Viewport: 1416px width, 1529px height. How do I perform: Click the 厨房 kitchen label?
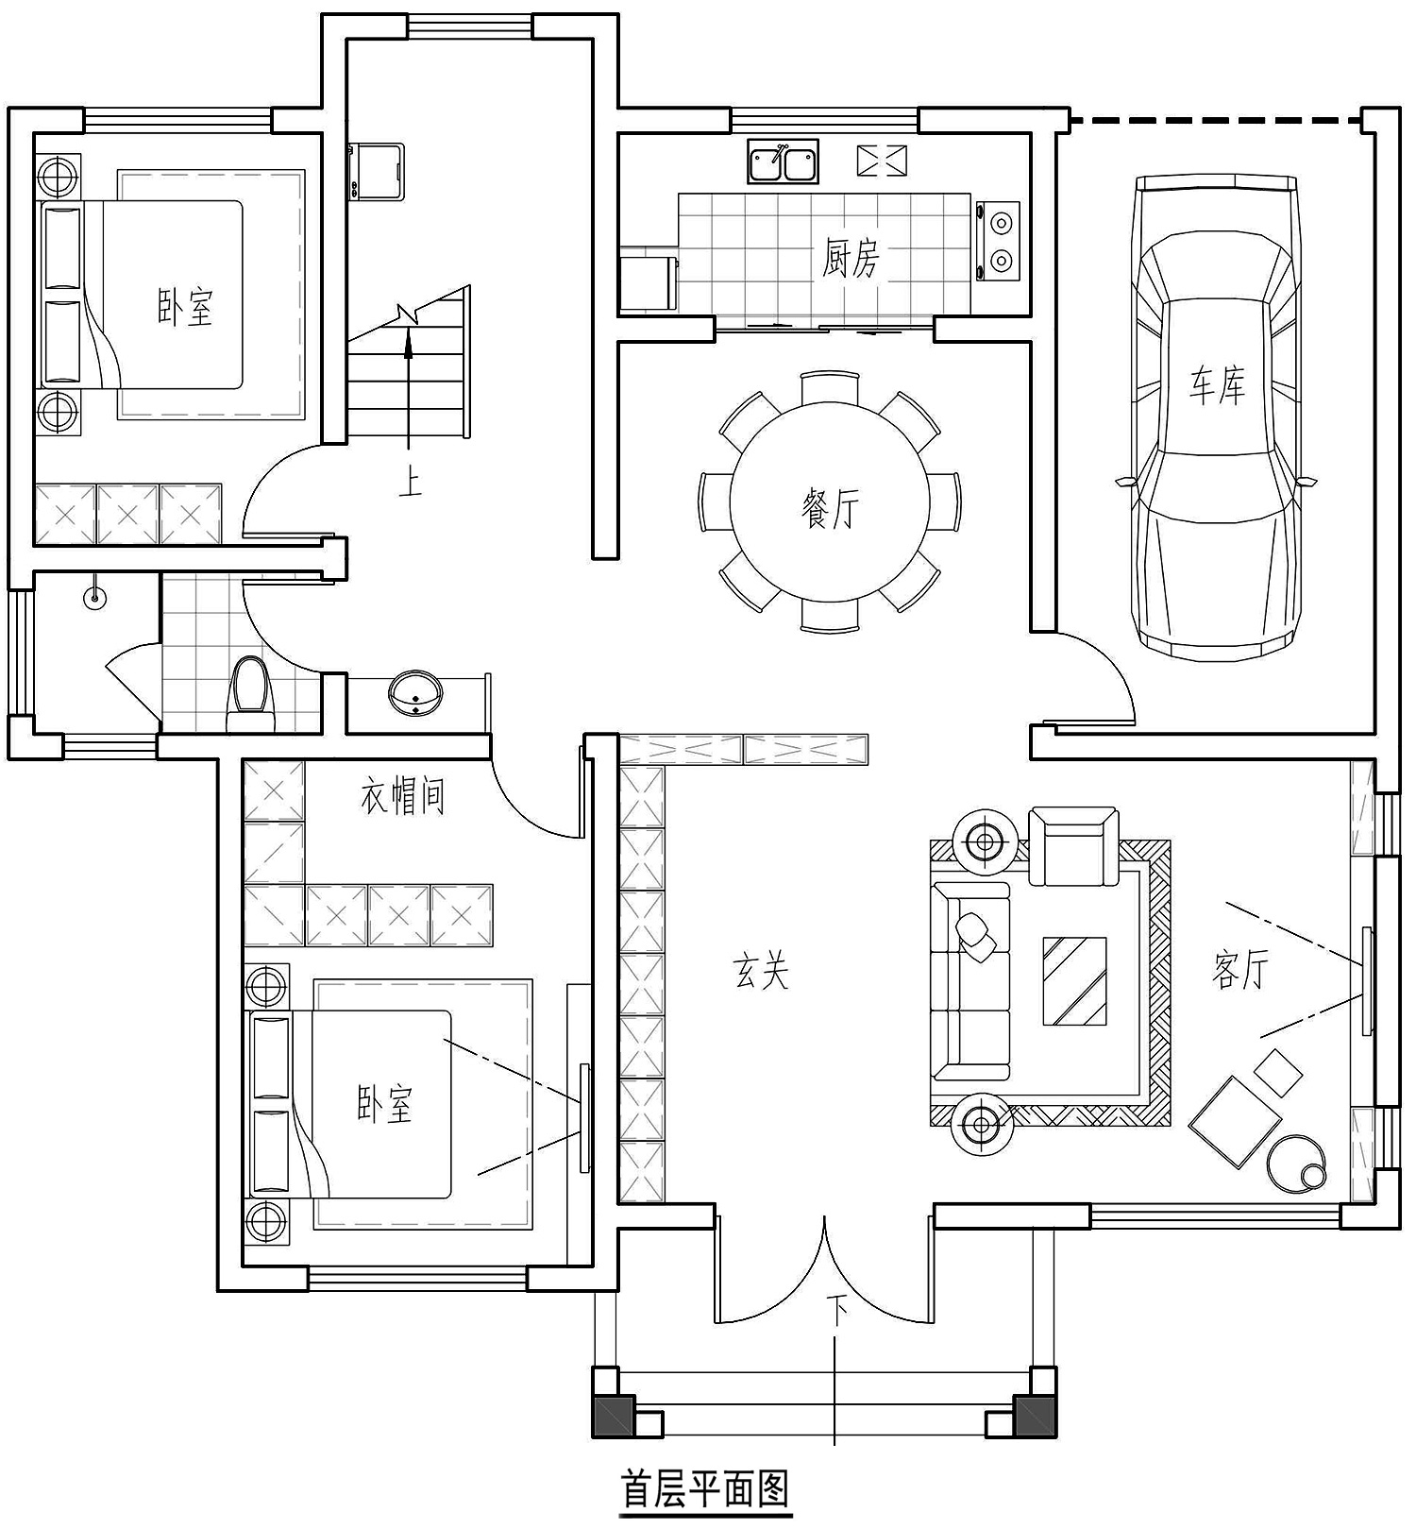coord(851,258)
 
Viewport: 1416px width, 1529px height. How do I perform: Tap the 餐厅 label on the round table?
coord(830,508)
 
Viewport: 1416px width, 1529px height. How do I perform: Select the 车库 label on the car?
coord(1217,385)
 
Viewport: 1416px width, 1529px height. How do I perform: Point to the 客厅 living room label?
coord(1239,969)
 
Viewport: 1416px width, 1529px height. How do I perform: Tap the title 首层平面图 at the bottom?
coord(704,1489)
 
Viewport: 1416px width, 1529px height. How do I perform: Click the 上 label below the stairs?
coord(409,482)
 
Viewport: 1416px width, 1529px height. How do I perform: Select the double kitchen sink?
coord(784,161)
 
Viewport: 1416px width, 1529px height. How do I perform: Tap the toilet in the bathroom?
coord(250,694)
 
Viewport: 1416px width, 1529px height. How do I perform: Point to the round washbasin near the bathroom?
coord(415,692)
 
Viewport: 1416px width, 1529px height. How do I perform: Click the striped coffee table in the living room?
coord(1074,980)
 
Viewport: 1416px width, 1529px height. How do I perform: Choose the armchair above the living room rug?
coord(1073,844)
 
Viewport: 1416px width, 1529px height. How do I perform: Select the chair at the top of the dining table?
coord(830,388)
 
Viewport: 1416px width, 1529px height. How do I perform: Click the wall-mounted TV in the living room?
coord(1367,980)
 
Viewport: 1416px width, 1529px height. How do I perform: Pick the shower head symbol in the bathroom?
coord(93,598)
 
